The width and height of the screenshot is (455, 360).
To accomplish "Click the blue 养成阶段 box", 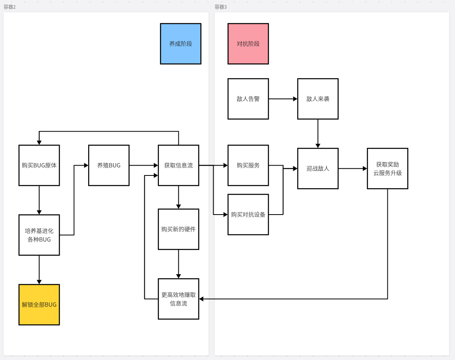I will [x=181, y=43].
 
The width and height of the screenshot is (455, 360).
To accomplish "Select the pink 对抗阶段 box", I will [x=248, y=43].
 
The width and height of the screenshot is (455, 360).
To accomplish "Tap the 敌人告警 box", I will [x=248, y=99].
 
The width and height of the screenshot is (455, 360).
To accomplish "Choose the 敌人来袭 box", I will [x=318, y=99].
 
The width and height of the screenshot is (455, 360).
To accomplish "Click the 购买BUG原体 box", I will [x=39, y=165].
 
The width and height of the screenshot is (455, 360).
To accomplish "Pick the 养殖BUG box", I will [x=109, y=165].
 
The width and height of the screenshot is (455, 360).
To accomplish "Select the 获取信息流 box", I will [x=178, y=165].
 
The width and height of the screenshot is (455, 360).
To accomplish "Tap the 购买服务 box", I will [x=248, y=165].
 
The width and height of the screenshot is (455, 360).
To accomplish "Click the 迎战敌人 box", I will [x=318, y=168].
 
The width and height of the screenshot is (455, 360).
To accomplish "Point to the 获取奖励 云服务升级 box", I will [x=387, y=168].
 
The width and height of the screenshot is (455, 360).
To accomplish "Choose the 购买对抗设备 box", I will [x=248, y=215].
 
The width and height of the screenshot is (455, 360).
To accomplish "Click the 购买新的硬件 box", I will [x=178, y=229].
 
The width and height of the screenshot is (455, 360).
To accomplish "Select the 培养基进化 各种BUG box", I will [x=39, y=235].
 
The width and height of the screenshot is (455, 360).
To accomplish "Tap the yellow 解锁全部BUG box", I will [x=39, y=305].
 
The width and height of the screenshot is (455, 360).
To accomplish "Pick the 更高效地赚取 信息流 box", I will [x=178, y=299].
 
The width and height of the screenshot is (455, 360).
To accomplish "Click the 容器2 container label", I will [x=9, y=7].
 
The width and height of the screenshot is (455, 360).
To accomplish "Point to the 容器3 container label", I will [x=221, y=7].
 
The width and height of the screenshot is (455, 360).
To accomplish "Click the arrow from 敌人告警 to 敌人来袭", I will [x=283, y=99].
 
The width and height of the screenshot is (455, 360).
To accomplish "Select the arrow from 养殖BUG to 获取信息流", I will [x=143, y=165].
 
